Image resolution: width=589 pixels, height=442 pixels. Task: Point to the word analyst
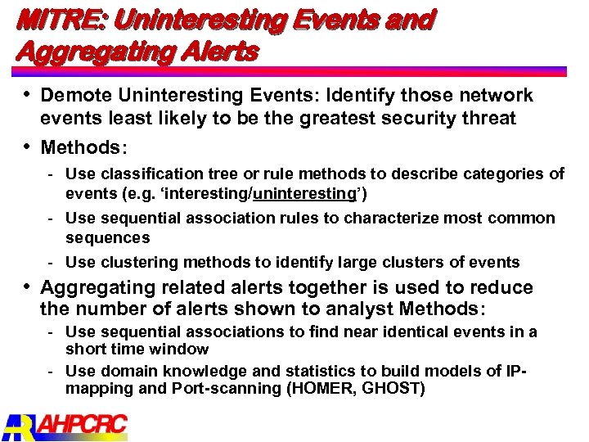(365, 309)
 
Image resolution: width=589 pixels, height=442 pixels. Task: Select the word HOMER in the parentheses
(322, 388)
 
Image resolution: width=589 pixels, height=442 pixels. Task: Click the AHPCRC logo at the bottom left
(65, 426)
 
